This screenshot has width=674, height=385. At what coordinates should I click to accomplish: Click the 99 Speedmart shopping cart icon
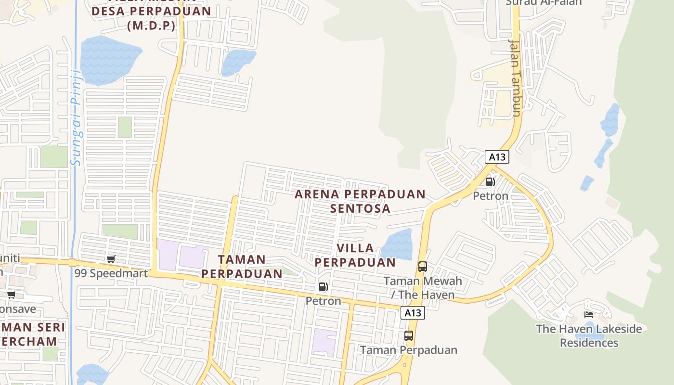(x=111, y=259)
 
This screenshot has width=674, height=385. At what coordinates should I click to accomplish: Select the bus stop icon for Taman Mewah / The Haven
(x=422, y=266)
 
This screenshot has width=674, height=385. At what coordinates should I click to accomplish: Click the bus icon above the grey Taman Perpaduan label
(x=408, y=336)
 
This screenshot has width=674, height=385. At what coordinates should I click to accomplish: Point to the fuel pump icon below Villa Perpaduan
(x=323, y=287)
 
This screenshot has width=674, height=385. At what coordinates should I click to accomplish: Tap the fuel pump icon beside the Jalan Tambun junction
(x=490, y=182)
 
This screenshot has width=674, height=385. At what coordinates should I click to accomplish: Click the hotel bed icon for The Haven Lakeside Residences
(x=588, y=315)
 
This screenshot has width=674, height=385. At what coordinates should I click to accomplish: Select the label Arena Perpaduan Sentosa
(x=360, y=201)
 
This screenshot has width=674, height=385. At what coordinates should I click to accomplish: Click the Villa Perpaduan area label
(x=355, y=255)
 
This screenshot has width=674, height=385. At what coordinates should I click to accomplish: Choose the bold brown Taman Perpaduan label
(x=242, y=267)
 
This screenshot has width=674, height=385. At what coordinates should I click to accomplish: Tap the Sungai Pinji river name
(x=76, y=118)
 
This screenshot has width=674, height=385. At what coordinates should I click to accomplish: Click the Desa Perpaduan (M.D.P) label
(x=151, y=18)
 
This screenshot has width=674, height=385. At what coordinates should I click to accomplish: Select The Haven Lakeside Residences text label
(x=589, y=336)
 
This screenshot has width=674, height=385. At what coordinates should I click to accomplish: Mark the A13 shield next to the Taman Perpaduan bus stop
(x=412, y=313)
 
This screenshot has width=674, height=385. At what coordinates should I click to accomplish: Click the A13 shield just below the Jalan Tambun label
(x=497, y=157)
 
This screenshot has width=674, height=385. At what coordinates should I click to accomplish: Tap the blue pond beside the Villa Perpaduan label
(x=397, y=244)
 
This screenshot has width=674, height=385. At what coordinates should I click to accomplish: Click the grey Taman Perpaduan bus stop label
(x=408, y=350)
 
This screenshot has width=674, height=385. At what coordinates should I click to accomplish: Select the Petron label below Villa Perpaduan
(x=323, y=301)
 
